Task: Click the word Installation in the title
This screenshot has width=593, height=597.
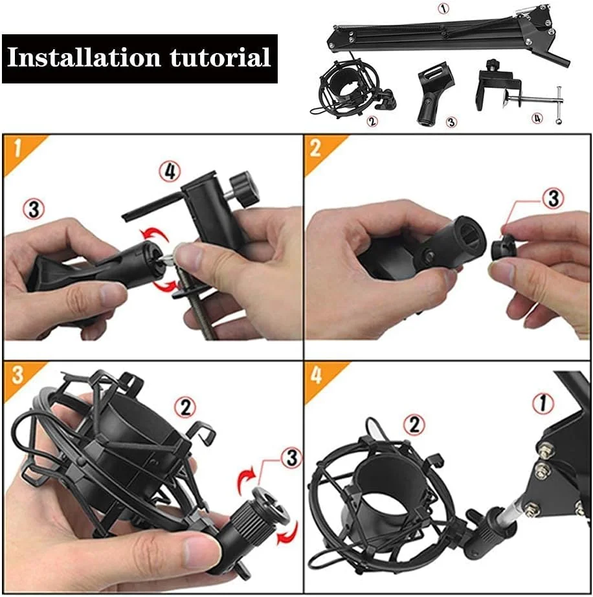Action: tap(84, 58)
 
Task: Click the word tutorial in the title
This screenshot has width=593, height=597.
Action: tap(220, 58)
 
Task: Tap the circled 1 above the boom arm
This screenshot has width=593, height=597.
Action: tap(443, 8)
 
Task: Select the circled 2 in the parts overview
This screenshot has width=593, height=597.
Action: tap(372, 122)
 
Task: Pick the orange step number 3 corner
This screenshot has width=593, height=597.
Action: tap(19, 376)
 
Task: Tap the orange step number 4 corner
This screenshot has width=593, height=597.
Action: tap(319, 376)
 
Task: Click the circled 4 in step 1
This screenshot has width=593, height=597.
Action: tap(170, 171)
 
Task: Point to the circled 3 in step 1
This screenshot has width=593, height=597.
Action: tap(34, 209)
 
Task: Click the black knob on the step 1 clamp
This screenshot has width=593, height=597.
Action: tap(246, 189)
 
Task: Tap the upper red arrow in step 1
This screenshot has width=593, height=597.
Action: tap(153, 233)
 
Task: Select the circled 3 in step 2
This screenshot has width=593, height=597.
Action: tap(553, 198)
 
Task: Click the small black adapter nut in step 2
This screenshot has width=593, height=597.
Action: tap(504, 250)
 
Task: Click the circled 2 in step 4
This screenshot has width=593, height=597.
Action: tap(414, 424)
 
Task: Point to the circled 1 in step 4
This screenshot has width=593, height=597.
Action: tap(543, 404)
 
